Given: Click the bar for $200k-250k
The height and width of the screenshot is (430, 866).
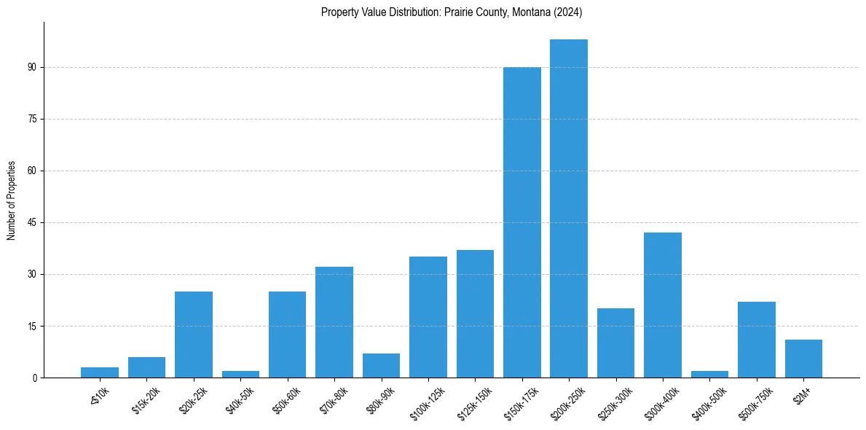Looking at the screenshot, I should [569, 208].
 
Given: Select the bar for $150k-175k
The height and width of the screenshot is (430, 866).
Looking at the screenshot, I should [522, 222].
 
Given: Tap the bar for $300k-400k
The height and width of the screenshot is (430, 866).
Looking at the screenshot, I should [663, 305].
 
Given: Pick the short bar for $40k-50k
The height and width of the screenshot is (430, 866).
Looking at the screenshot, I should [240, 374].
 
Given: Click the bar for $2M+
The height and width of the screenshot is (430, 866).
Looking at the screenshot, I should [803, 359].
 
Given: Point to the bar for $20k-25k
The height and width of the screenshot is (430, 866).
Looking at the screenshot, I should [194, 335].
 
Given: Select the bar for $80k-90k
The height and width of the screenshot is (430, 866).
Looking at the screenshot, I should [381, 365].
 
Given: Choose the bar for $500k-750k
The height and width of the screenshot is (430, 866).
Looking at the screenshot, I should [757, 340].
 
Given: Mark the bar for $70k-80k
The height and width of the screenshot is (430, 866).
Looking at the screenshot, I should [334, 322].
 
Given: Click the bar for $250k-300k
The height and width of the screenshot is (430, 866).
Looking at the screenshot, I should [616, 343].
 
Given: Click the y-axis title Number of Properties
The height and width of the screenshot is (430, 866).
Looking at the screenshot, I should [12, 200].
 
